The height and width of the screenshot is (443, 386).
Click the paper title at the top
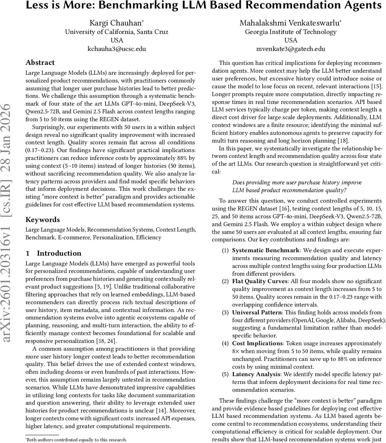pyautogui.click(x=203, y=6)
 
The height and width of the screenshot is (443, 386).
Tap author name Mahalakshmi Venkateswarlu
pyautogui.click(x=291, y=23)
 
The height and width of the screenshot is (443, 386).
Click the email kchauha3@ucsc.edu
pyautogui.click(x=117, y=49)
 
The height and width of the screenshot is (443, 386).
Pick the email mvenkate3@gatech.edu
pyautogui.click(x=291, y=49)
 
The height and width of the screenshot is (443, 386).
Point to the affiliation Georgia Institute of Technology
pyautogui.click(x=291, y=32)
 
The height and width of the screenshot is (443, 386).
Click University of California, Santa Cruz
pyautogui.click(x=117, y=32)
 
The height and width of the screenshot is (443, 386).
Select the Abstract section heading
pyautogui.click(x=40, y=62)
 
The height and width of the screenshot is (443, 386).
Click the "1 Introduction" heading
pyautogui.click(x=53, y=253)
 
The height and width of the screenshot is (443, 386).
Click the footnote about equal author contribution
pyautogui.click(x=76, y=440)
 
